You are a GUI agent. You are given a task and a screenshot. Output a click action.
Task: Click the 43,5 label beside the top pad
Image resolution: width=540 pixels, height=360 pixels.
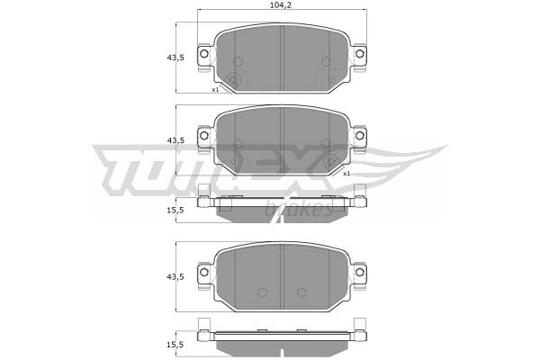pos(175,58)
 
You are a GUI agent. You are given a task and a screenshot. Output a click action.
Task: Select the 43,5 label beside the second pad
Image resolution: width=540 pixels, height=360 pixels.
pos(175,140)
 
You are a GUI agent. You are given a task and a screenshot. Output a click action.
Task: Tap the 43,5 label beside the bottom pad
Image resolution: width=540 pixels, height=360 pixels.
pos(175,276)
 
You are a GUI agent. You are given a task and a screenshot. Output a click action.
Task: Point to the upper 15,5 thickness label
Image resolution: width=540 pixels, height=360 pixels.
pos(175,210)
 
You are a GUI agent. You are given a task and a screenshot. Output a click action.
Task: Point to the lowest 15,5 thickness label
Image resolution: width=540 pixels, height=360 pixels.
pos(175,345)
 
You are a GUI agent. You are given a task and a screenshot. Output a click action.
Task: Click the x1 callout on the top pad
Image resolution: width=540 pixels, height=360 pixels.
pos(215,90)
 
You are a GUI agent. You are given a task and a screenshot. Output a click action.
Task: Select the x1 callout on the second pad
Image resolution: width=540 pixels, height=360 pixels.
pos(346,174)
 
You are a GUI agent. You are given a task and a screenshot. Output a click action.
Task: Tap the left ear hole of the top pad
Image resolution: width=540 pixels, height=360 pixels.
pos(204,54)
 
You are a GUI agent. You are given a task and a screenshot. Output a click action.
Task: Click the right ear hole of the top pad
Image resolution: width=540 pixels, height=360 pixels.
pos(359,54)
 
